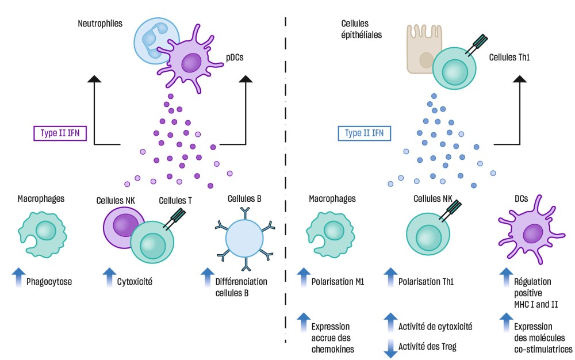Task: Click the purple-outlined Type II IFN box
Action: (x=60, y=133)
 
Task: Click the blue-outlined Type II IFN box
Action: (x=364, y=133)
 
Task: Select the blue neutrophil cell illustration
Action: (x=151, y=41)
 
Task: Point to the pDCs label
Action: (x=233, y=58)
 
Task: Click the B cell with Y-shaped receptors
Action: (x=244, y=239)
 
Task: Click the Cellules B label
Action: (x=243, y=199)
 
